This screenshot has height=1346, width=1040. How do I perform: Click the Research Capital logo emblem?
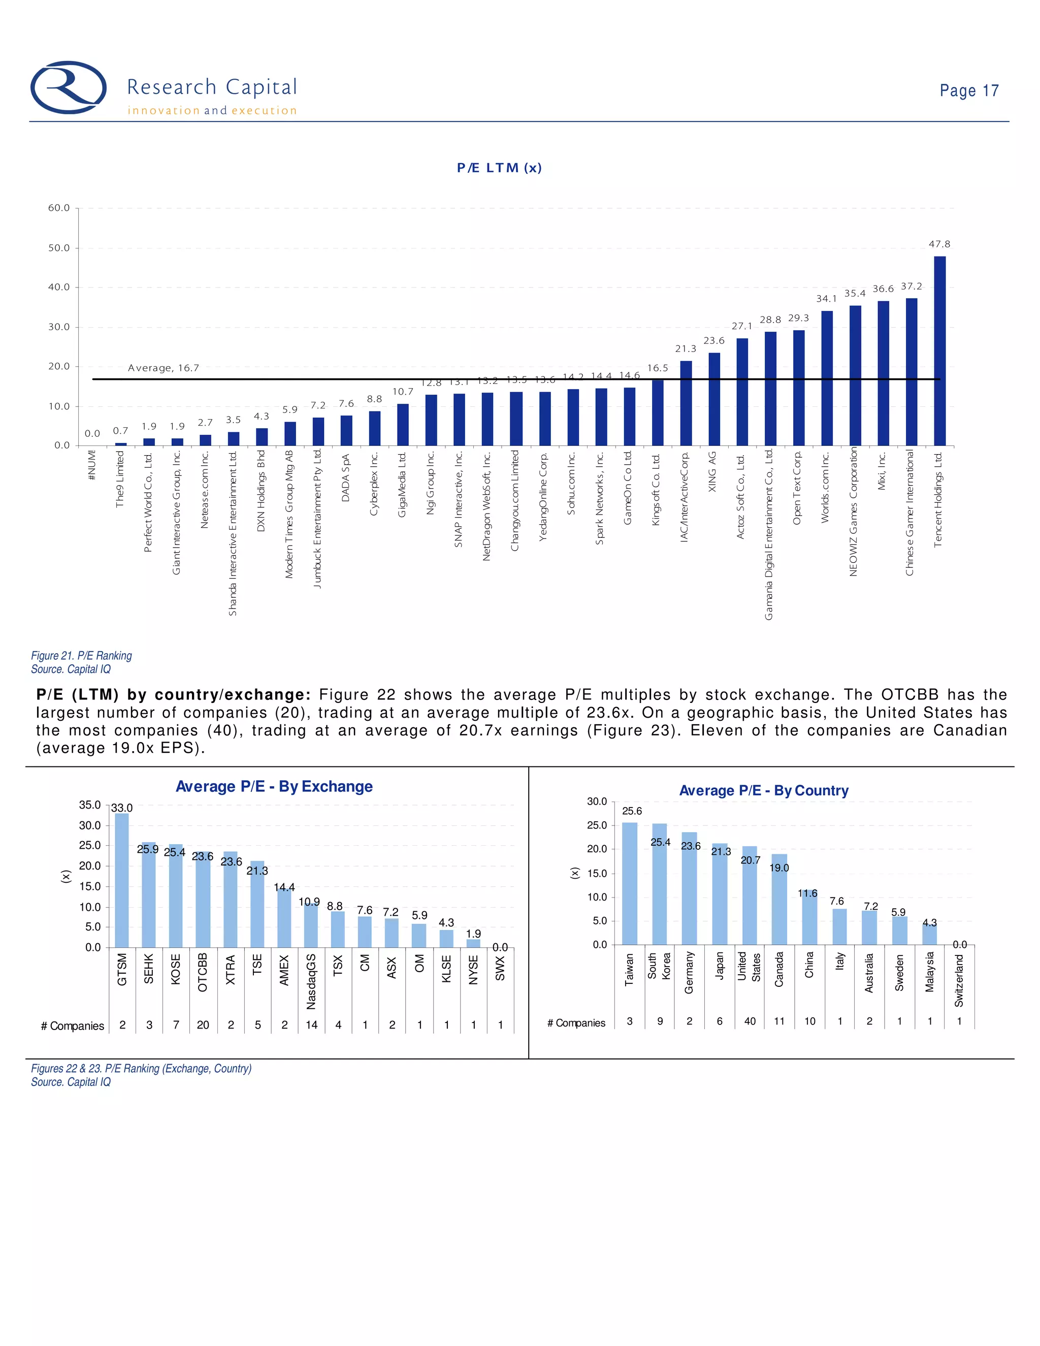69,87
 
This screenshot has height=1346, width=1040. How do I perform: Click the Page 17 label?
968,90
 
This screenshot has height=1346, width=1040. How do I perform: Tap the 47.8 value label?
939,244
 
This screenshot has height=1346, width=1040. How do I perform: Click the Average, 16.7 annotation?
164,368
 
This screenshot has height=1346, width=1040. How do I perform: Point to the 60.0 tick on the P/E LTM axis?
59,208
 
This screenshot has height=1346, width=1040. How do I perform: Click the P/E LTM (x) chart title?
499,168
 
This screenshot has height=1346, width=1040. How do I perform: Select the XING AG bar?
714,399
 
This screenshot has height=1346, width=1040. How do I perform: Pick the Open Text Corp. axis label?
797,488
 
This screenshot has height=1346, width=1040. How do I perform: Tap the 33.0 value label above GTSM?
122,808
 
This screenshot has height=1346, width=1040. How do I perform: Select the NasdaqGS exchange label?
311,981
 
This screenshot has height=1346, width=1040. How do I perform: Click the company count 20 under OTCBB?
203,1025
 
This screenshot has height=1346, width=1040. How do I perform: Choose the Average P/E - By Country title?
763,790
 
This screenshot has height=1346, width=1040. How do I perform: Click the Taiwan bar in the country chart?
630,883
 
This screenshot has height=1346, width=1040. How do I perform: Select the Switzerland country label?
959,980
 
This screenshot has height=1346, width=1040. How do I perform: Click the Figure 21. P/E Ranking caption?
81,656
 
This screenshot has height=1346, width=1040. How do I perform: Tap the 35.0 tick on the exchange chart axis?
90,805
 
